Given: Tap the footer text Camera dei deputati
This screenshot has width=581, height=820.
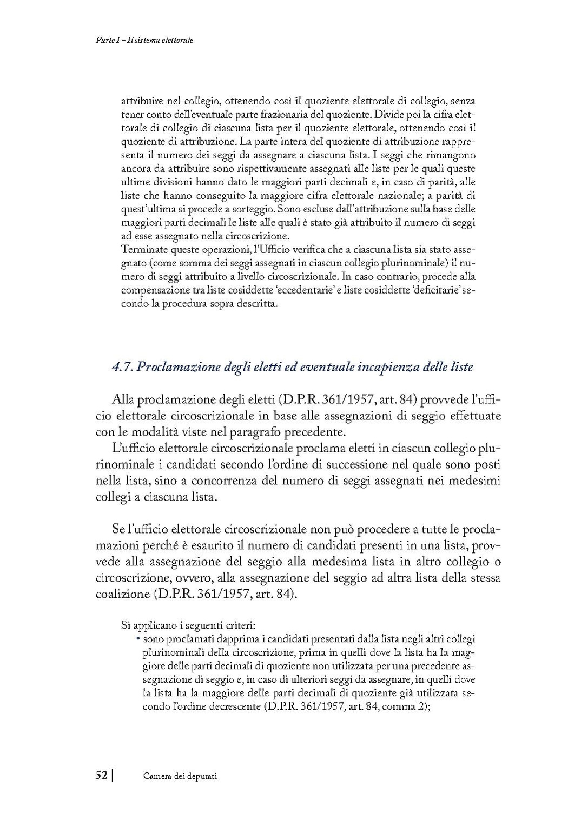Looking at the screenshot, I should tap(180, 776).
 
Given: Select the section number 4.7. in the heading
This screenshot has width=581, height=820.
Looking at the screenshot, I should tap(122, 367).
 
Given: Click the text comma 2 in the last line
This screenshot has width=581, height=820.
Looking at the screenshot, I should tap(404, 707).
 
